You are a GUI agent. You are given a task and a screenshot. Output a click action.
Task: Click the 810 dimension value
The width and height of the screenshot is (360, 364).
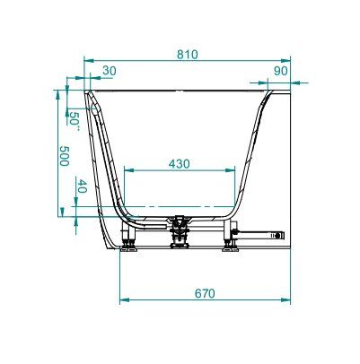[188, 55]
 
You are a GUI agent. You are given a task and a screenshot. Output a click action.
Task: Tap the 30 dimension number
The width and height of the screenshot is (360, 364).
[110, 71]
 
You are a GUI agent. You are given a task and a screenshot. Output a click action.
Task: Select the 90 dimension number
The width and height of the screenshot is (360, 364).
[281, 71]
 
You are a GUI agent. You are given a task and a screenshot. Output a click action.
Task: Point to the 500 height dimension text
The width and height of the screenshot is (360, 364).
[64, 156]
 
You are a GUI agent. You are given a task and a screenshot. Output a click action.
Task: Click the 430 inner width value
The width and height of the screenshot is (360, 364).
[180, 164]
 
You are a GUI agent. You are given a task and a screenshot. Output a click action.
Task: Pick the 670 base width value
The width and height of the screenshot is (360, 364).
[205, 293]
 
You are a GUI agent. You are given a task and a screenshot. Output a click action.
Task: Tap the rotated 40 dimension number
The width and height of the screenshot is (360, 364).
[82, 186]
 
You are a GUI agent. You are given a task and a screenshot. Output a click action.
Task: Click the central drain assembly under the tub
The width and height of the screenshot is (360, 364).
[180, 231]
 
